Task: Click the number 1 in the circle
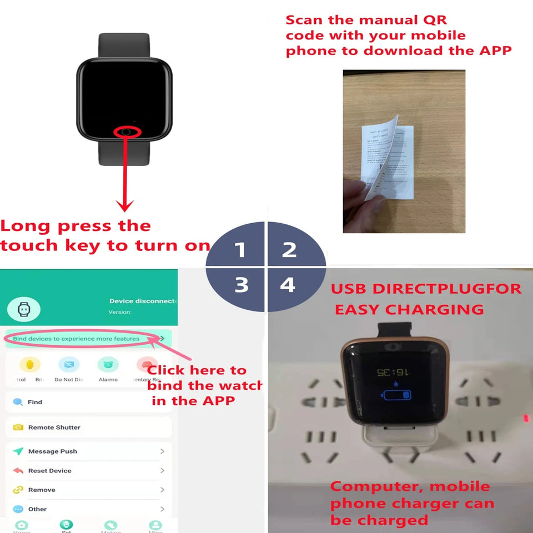[240, 250]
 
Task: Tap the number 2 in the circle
[289, 250]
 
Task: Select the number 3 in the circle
[241, 285]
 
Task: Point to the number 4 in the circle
[288, 285]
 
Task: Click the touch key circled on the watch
[127, 132]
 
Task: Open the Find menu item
[34, 402]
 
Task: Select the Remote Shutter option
[54, 428]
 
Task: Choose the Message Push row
[52, 451]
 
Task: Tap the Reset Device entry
[49, 471]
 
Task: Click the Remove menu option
[42, 490]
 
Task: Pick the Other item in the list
[37, 509]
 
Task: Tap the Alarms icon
[108, 365]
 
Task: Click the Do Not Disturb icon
[69, 365]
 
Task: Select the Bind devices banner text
[76, 338]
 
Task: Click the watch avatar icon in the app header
[23, 310]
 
